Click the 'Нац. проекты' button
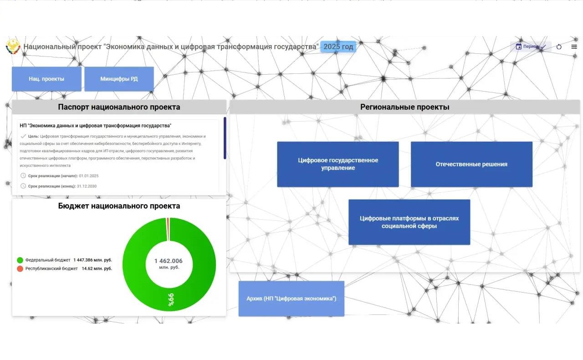tap(46, 79)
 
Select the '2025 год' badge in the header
tap(338, 47)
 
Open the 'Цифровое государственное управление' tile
tap(338, 164)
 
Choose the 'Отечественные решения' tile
tap(471, 164)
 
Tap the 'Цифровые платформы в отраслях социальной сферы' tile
tap(409, 222)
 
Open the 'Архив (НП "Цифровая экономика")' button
tap(291, 298)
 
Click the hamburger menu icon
tap(574, 46)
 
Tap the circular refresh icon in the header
tap(559, 47)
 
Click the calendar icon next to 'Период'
tap(519, 46)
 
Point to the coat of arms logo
tap(13, 46)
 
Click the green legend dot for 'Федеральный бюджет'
tap(20, 260)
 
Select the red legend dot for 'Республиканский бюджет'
tap(20, 268)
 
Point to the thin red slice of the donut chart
tap(168, 229)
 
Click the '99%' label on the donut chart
tap(171, 299)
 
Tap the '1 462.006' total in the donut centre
tap(169, 261)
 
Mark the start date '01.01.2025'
tap(89, 176)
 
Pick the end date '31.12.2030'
tap(87, 186)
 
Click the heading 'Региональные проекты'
tap(405, 107)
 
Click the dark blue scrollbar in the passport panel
tap(225, 138)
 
